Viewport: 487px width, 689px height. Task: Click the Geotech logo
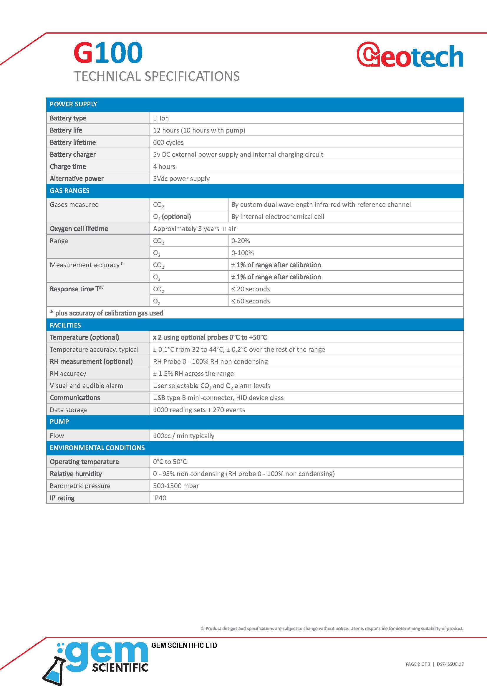click(x=410, y=55)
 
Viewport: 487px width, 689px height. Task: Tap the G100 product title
click(x=108, y=52)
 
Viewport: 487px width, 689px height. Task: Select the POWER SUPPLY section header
click(x=74, y=104)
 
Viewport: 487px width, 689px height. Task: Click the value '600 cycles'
click(x=168, y=142)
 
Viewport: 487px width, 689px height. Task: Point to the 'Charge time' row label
click(x=68, y=166)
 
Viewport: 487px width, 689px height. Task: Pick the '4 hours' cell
click(x=164, y=166)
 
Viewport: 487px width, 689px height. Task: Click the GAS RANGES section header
click(x=69, y=191)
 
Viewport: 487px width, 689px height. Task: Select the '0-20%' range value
click(x=241, y=241)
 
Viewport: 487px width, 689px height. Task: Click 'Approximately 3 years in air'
click(x=194, y=229)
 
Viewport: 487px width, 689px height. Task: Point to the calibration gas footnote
click(x=107, y=313)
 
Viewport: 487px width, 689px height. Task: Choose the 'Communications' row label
click(x=75, y=398)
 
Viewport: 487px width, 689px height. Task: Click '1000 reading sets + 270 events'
click(x=199, y=410)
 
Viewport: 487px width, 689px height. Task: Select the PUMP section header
click(x=59, y=422)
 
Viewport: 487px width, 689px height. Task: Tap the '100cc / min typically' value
click(x=183, y=436)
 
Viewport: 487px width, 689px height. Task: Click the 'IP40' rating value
click(x=160, y=498)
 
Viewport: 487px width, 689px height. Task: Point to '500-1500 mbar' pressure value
click(x=176, y=486)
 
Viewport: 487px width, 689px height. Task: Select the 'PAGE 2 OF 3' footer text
click(x=418, y=664)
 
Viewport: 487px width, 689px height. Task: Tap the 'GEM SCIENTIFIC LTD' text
click(x=184, y=645)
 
